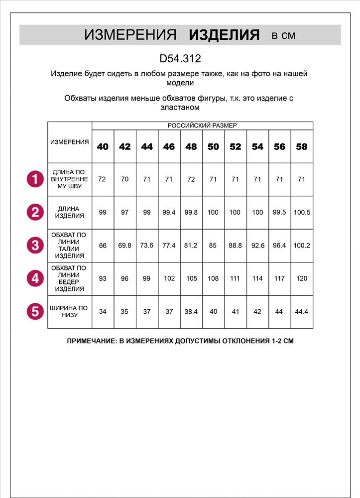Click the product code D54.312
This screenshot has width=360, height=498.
180,59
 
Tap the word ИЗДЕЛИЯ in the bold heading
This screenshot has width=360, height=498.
225,35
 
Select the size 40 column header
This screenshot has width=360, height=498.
103,146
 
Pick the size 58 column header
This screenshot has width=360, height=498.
301,146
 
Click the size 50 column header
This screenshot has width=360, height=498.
213,146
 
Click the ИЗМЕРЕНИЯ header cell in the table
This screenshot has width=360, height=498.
70,142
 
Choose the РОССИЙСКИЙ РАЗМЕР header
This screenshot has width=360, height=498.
202,125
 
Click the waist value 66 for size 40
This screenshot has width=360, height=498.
103,245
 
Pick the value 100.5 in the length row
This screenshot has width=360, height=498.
301,212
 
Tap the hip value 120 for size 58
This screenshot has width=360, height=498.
301,278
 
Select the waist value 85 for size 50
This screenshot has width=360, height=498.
213,245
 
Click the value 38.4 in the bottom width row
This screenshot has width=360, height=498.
191,312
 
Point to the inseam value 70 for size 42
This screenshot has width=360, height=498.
124,179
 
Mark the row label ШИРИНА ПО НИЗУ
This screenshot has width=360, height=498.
70,312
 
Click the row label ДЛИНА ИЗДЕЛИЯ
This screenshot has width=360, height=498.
70,212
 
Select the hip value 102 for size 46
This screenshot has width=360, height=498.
169,278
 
